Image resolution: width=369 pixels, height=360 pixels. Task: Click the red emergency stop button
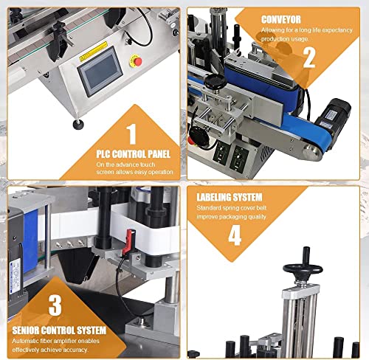136,61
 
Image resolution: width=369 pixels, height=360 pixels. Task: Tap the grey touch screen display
100,72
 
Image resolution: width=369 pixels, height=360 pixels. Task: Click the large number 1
132,134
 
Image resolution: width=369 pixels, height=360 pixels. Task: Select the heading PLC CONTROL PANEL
133,154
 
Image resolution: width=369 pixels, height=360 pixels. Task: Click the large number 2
309,58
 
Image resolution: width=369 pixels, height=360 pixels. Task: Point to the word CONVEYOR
281,20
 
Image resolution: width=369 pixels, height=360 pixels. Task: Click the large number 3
55,305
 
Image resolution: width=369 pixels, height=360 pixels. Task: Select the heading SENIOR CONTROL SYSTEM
59,330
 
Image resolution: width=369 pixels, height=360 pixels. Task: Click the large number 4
235,235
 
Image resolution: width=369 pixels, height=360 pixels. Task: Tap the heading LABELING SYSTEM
230,197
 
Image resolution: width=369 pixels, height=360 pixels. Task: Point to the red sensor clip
128,242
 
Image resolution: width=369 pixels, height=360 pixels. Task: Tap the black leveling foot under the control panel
78,124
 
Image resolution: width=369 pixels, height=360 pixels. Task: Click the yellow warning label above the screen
94,51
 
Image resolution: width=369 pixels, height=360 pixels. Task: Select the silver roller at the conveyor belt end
311,153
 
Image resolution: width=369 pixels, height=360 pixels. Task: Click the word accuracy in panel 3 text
75,350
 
